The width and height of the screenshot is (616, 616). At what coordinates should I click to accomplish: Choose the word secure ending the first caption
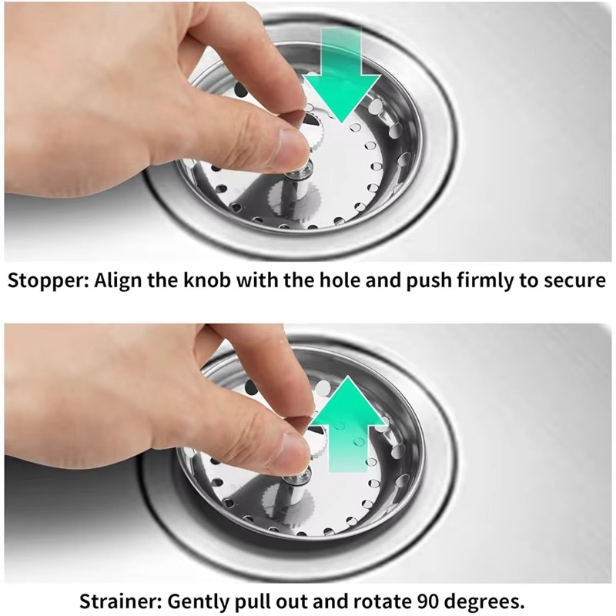tap(574, 280)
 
